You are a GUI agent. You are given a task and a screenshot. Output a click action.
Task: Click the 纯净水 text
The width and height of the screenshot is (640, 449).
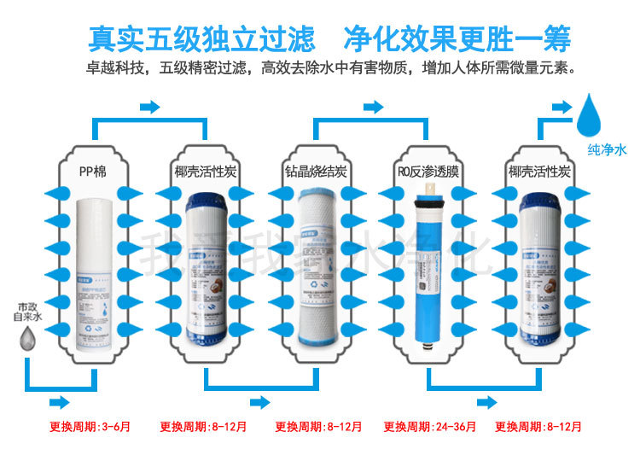click(x=607, y=149)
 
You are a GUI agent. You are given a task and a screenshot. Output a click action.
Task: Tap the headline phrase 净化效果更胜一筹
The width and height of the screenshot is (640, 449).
click(x=457, y=39)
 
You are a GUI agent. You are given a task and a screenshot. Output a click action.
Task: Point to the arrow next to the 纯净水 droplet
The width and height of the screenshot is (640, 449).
click(x=560, y=108)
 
